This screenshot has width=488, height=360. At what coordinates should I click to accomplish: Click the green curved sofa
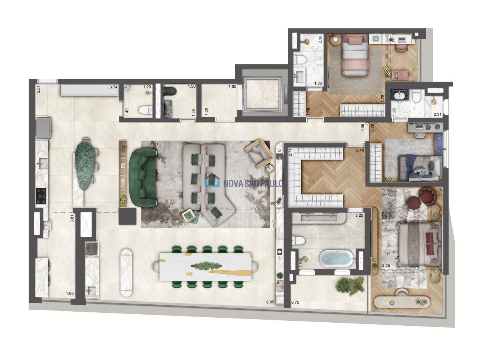pyautogui.click(x=143, y=177)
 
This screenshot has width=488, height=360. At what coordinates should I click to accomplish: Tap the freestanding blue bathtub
pyautogui.click(x=336, y=259)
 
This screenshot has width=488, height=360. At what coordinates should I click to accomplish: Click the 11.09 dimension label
pyautogui.click(x=271, y=204)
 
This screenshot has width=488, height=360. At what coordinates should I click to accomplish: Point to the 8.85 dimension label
pyautogui.click(x=270, y=302)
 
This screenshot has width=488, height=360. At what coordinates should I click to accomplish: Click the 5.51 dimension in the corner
pyautogui.click(x=39, y=89)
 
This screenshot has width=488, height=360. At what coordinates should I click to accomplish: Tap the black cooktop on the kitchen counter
pyautogui.click(x=41, y=196)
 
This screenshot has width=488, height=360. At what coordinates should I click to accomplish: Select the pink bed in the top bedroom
pyautogui.click(x=355, y=55)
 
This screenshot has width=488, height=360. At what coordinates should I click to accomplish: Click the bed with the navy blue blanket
pyautogui.click(x=420, y=168)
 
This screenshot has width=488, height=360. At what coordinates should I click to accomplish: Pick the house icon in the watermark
pyautogui.click(x=212, y=180)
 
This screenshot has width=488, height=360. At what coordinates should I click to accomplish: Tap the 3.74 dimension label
pyautogui.click(x=113, y=87)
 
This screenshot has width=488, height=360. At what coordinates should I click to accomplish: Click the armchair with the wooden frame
pyautogui.click(x=259, y=153)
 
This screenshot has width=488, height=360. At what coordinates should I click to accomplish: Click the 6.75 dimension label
pyautogui.click(x=295, y=302)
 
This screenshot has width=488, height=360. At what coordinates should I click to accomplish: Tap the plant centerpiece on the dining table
pyautogui.click(x=206, y=266)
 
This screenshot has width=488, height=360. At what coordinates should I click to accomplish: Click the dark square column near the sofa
pyautogui.click(x=127, y=216)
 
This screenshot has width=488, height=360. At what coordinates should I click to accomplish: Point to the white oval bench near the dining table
pyautogui.click(x=127, y=273)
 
